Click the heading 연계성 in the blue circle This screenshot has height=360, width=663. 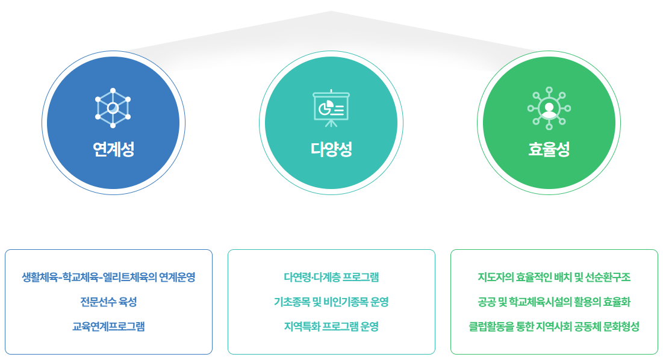[x=113, y=149]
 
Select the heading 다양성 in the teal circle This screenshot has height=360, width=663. [x=331, y=149]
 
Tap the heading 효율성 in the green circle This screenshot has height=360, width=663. [x=549, y=149]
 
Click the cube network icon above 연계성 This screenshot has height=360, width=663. [x=113, y=108]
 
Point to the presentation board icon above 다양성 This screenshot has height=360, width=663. [x=331, y=108]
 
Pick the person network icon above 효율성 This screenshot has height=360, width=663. [x=549, y=108]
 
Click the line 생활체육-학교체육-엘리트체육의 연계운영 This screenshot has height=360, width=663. [x=108, y=277]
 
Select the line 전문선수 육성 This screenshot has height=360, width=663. [x=108, y=302]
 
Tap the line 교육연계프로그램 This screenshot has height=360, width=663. [x=108, y=326]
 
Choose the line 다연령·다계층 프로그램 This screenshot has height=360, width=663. [x=331, y=277]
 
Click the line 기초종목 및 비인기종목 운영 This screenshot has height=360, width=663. [x=331, y=302]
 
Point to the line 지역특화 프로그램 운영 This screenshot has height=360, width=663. [x=331, y=326]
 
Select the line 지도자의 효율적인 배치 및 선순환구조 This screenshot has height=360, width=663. [x=555, y=277]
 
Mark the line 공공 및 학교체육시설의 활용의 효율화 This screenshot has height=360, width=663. [x=555, y=302]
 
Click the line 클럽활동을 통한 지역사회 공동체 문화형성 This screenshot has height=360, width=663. [x=555, y=326]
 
